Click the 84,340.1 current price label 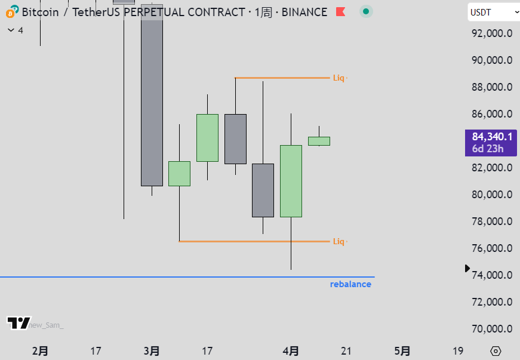(x=492, y=137)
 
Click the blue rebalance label (x=350, y=284)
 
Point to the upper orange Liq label (x=339, y=78)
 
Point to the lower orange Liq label (x=339, y=241)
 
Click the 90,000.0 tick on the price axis (x=492, y=60)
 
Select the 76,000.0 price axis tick (x=492, y=248)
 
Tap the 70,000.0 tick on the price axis (x=492, y=329)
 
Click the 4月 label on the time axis (x=291, y=351)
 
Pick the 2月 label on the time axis (x=40, y=351)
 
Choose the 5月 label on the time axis (x=402, y=351)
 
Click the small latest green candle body (x=319, y=141)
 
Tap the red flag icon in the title (x=340, y=12)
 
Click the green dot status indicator (x=366, y=12)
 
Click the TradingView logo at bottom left (x=19, y=323)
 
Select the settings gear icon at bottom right (x=496, y=351)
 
